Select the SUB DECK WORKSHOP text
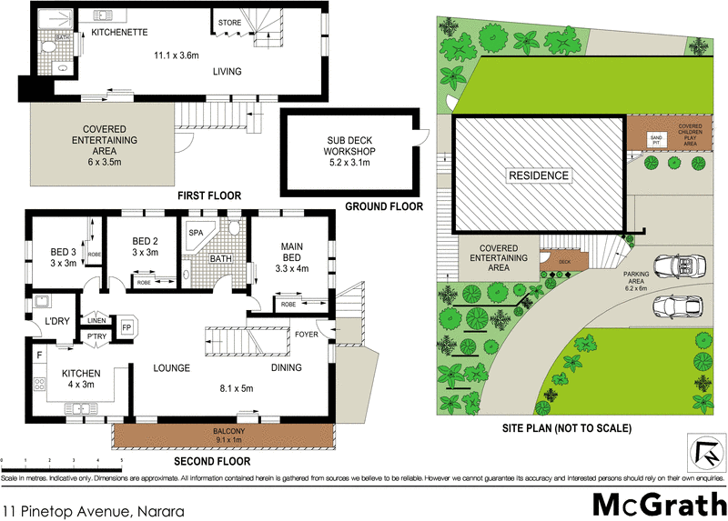[350, 151]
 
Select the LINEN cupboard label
[97, 319]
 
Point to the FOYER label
[306, 334]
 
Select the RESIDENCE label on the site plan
[538, 175]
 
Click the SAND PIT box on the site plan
[655, 139]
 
